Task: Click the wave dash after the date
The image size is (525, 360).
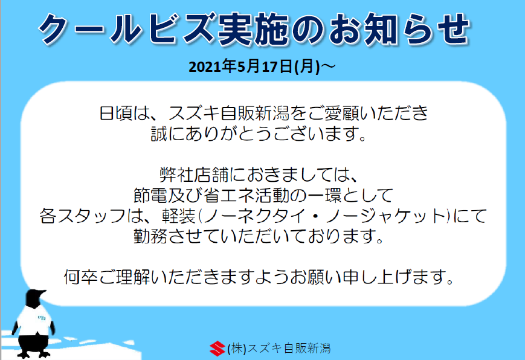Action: point(328,66)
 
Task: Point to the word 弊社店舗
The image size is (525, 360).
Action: point(194,175)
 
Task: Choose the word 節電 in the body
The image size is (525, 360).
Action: point(150,196)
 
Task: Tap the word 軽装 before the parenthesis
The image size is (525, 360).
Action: point(179,216)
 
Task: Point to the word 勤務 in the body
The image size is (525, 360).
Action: point(150,236)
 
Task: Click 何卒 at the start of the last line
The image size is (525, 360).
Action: point(81,277)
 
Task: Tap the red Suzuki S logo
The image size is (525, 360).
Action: point(217,349)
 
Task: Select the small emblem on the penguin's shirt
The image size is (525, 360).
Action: point(42,317)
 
